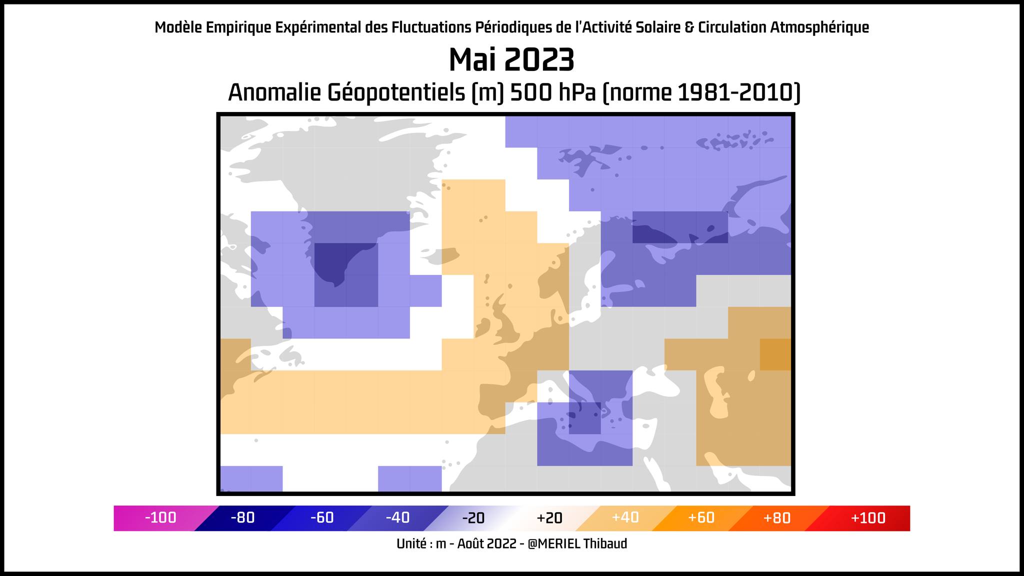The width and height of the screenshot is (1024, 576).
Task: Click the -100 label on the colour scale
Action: [x=160, y=518]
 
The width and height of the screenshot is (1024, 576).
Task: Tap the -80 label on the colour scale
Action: [x=242, y=518]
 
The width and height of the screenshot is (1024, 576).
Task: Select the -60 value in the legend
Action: [x=321, y=518]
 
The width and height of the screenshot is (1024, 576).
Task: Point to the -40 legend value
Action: [x=397, y=518]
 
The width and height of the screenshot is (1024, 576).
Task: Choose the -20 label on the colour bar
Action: [x=473, y=518]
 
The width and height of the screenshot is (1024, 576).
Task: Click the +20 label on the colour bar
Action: [x=549, y=518]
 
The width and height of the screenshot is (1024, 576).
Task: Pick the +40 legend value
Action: [x=625, y=518]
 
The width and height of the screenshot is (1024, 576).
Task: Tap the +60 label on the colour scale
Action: [x=701, y=518]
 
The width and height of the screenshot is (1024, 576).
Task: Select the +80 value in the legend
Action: [x=776, y=518]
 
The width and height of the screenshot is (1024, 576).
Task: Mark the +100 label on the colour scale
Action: [x=867, y=518]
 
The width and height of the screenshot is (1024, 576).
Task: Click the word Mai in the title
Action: [x=472, y=60]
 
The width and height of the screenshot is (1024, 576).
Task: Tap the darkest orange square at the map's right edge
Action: [x=775, y=354]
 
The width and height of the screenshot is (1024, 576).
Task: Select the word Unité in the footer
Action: [x=413, y=543]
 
